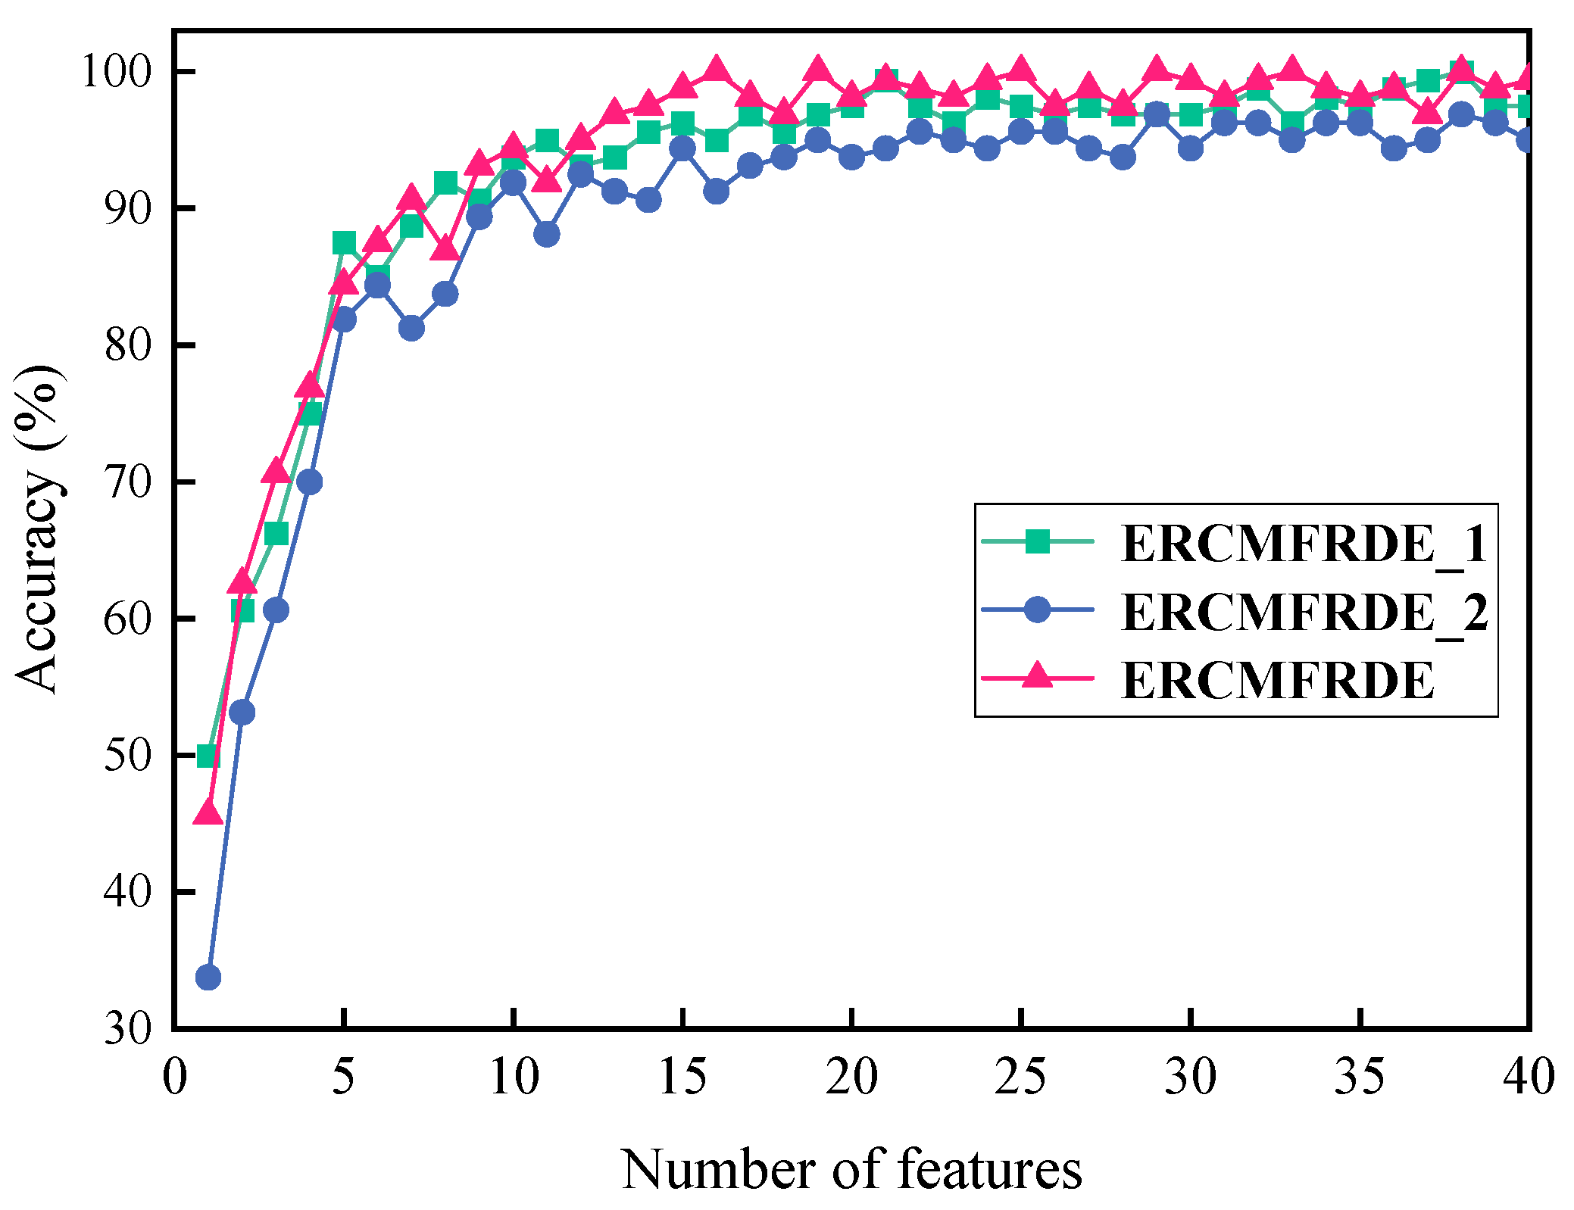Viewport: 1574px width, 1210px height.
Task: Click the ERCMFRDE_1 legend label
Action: pyautogui.click(x=1304, y=544)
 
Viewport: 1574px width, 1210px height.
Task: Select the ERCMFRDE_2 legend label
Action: pyautogui.click(x=1304, y=611)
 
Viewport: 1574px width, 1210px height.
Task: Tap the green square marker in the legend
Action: pyautogui.click(x=1037, y=541)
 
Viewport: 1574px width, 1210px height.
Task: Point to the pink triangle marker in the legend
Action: pyautogui.click(x=1037, y=675)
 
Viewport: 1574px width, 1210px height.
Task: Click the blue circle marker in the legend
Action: pyautogui.click(x=1037, y=609)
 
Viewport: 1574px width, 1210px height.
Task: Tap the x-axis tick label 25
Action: pyautogui.click(x=1020, y=1076)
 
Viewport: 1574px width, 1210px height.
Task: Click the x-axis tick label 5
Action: pyautogui.click(x=343, y=1076)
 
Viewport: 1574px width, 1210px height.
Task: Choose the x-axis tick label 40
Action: pyautogui.click(x=1529, y=1076)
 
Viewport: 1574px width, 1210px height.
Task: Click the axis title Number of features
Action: pyautogui.click(x=851, y=1169)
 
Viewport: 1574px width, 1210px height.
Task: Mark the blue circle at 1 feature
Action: pyautogui.click(x=208, y=978)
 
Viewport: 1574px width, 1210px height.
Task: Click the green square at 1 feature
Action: pyautogui.click(x=208, y=756)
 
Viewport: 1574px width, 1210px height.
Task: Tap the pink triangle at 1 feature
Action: pyautogui.click(x=208, y=812)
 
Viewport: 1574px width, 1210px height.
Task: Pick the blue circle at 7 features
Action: pyautogui.click(x=411, y=328)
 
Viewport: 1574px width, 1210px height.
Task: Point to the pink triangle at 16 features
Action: pyautogui.click(x=716, y=70)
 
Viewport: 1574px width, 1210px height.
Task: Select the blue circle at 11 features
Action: pyautogui.click(x=547, y=235)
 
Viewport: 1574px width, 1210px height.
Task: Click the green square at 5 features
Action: pyautogui.click(x=343, y=243)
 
